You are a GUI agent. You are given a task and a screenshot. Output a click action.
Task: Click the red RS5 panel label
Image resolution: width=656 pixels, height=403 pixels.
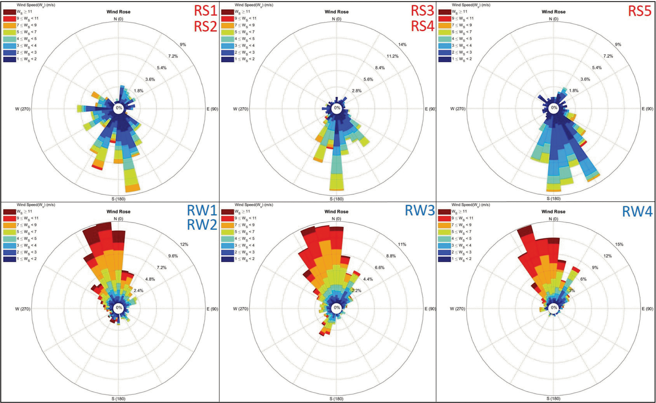[x=640, y=11]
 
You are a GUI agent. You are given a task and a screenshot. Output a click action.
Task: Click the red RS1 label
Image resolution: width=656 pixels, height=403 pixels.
[x=205, y=11]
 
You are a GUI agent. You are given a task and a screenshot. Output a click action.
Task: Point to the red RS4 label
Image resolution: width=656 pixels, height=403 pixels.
[x=423, y=26]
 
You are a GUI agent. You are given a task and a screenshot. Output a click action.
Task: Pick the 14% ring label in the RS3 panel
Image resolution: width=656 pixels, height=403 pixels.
[x=402, y=45]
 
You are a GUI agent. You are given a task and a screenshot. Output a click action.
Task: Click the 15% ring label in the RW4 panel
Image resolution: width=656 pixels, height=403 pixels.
[x=619, y=244]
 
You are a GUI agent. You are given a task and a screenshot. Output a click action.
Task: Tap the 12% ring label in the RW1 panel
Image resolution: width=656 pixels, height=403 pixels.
[x=184, y=244]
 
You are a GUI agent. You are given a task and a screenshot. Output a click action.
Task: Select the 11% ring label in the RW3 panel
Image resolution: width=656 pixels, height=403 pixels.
[x=402, y=244]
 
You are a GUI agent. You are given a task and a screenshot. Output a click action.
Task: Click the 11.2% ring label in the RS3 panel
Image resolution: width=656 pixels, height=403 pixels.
[x=392, y=56]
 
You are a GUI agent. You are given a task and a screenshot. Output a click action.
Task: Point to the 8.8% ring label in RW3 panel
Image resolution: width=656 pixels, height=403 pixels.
[x=391, y=256]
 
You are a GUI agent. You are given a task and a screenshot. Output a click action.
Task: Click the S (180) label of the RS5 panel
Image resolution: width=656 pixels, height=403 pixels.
[x=553, y=199]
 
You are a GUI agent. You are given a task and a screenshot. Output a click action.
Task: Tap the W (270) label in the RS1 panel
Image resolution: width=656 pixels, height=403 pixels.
[x=23, y=109]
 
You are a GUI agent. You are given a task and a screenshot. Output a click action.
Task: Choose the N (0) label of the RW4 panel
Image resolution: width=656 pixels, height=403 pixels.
[x=553, y=219]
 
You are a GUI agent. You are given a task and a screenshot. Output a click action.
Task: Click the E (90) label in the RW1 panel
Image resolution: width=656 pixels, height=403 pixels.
[x=212, y=309]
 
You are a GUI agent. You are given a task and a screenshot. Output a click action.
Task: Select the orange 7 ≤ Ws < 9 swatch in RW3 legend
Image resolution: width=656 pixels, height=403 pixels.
[x=227, y=225]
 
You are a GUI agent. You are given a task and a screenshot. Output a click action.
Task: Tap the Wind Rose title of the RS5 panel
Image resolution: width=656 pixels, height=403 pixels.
[x=553, y=12]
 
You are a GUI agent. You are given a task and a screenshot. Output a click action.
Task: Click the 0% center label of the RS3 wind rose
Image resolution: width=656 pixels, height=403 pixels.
[x=337, y=108]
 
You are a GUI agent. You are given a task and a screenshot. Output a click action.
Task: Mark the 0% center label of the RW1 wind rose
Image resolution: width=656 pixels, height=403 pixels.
[x=119, y=308]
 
